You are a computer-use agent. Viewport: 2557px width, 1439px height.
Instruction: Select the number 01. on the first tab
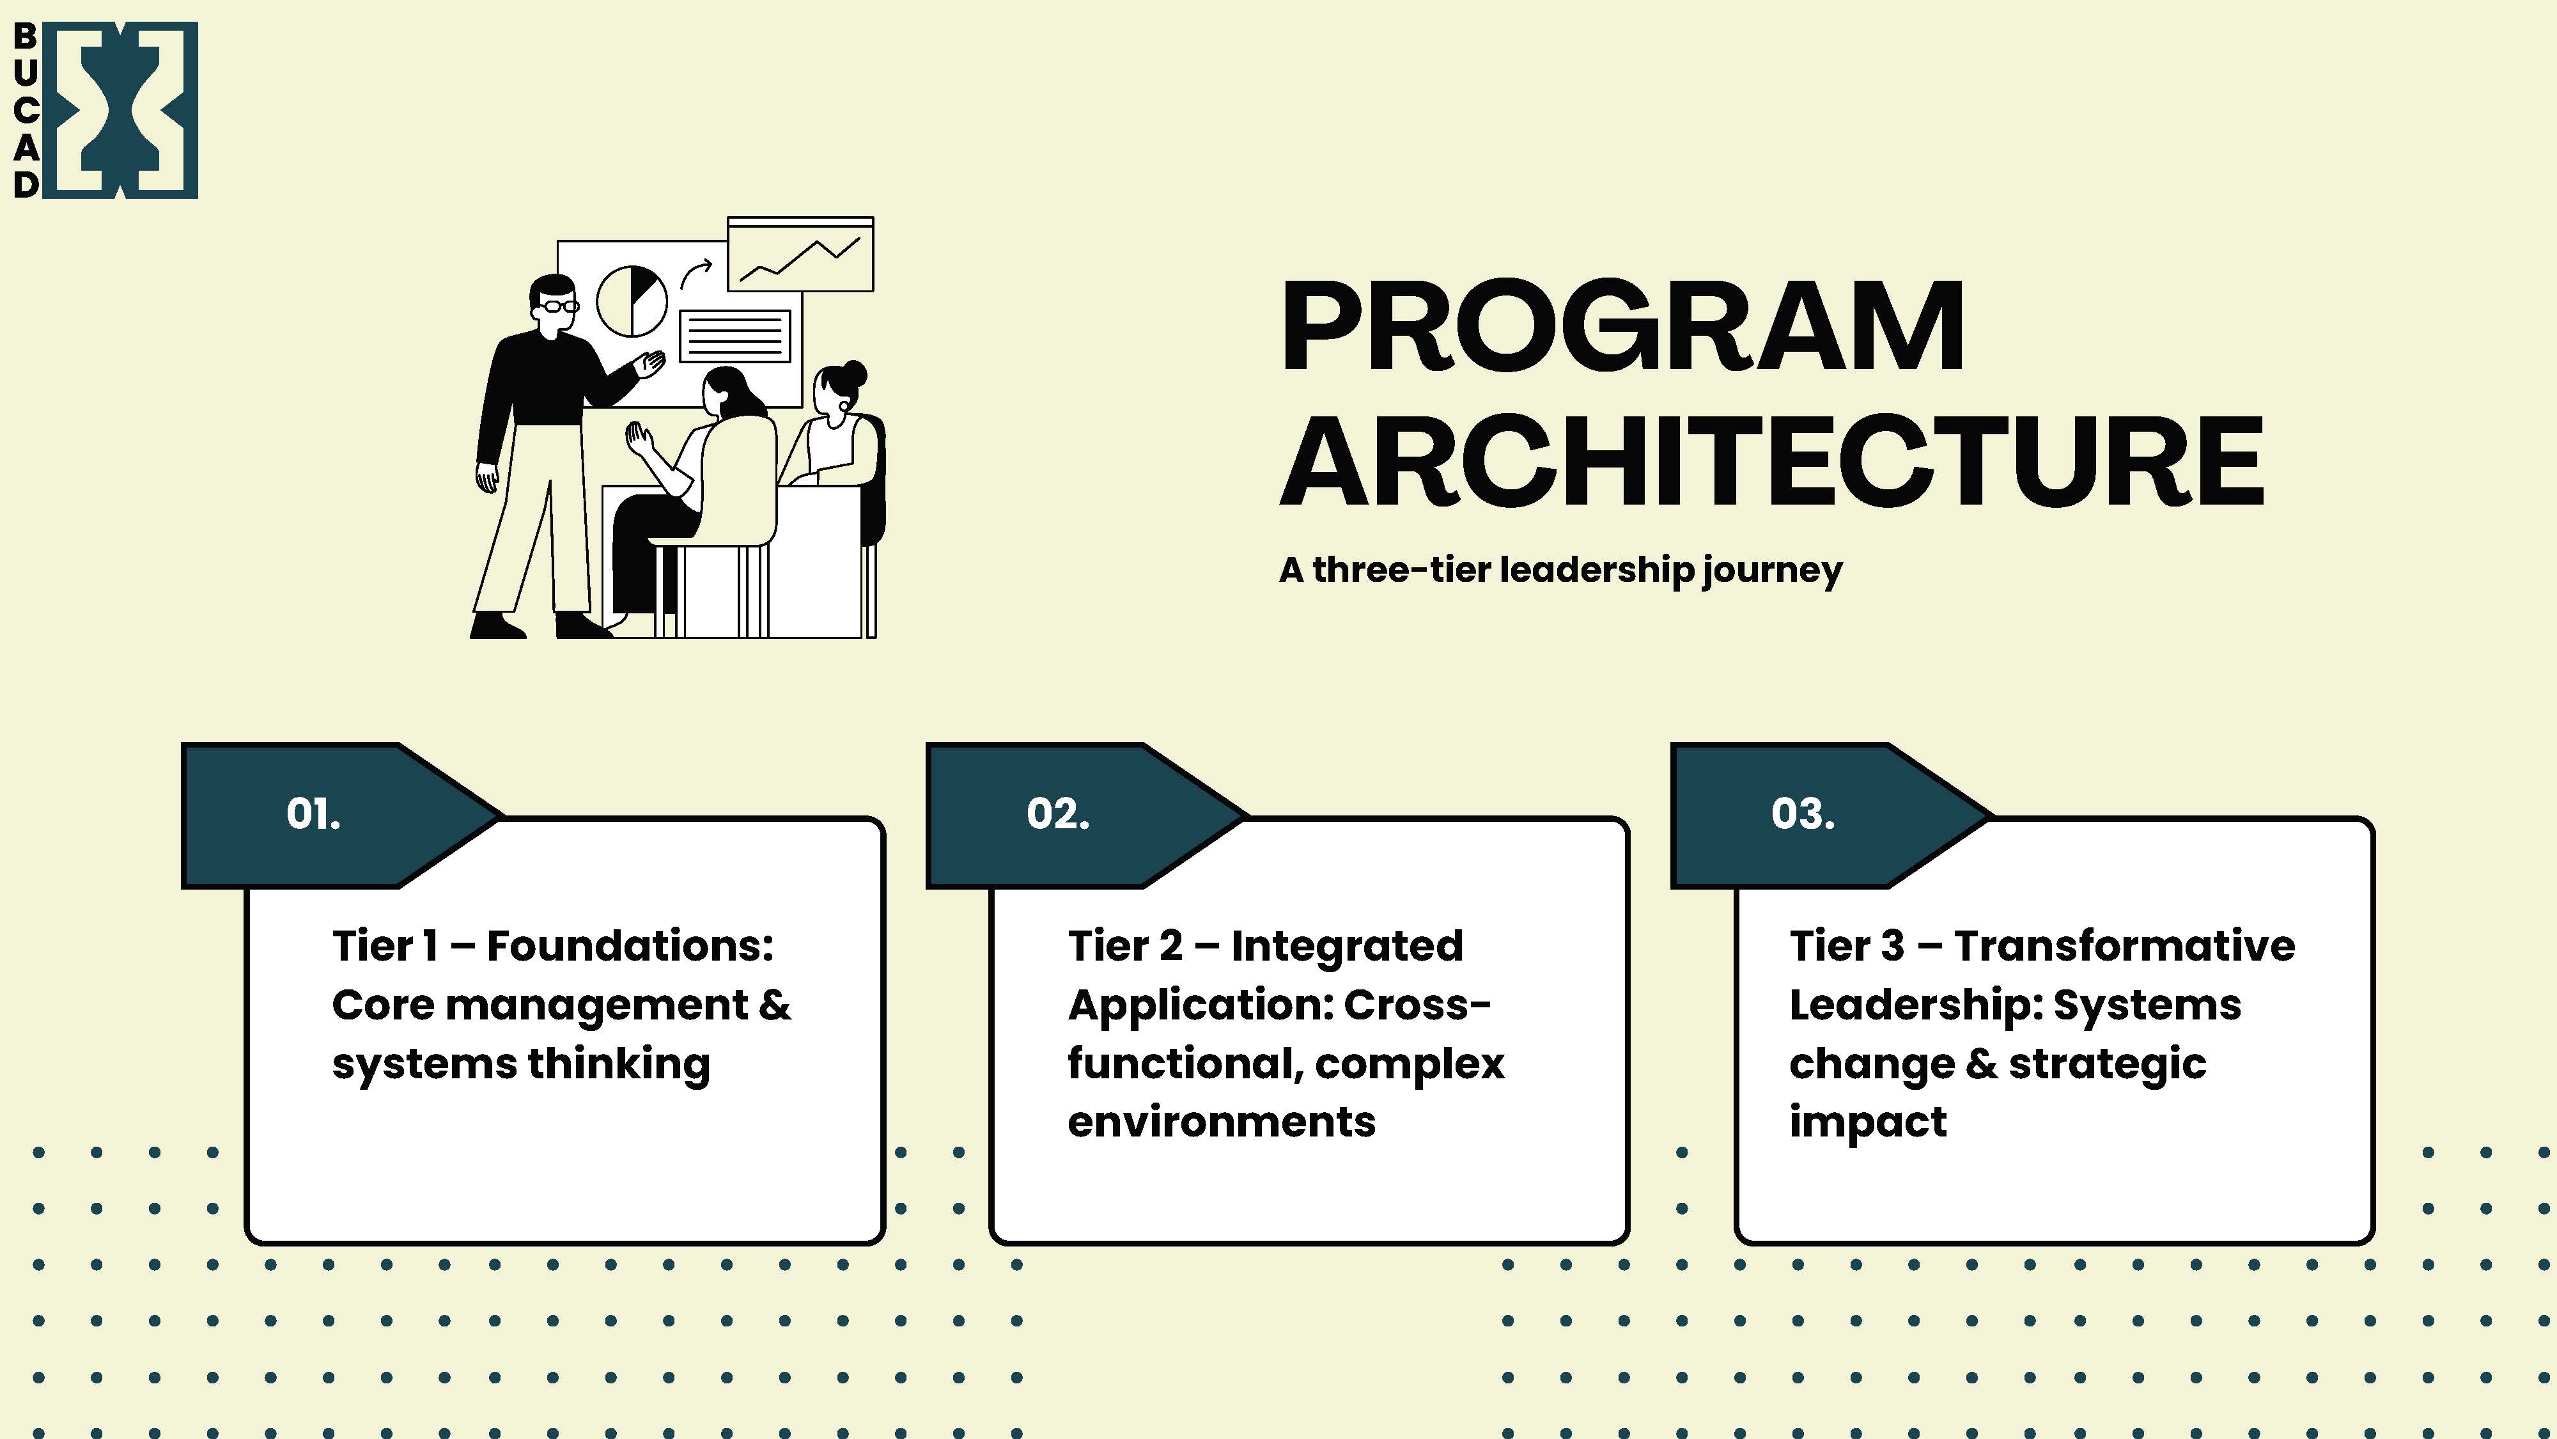tap(313, 814)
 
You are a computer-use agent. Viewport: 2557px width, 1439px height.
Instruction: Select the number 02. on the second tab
tap(1057, 814)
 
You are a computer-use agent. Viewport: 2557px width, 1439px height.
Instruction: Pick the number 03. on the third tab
tap(1803, 814)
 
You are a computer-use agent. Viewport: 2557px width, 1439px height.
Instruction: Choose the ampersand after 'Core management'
tap(774, 1005)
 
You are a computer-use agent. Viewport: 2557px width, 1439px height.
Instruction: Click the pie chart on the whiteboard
tap(632, 301)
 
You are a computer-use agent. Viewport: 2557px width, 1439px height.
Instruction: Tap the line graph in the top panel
tap(800, 259)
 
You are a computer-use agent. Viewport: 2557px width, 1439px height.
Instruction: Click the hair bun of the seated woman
tap(853, 374)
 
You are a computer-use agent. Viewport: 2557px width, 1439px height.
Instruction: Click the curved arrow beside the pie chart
tap(696, 272)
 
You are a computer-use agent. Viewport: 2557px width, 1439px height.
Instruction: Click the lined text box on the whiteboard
tap(734, 336)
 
